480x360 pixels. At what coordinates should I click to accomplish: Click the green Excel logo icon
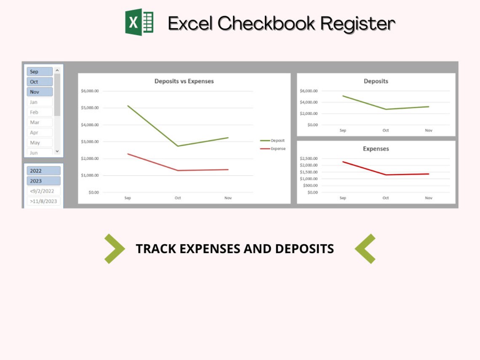pos(139,22)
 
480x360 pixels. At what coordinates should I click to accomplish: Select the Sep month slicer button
pos(40,72)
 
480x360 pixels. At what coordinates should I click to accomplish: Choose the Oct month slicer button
pos(40,82)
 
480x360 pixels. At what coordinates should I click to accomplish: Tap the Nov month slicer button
pos(40,92)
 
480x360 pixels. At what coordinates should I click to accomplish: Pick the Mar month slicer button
pos(40,122)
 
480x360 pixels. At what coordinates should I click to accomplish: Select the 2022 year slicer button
pos(44,171)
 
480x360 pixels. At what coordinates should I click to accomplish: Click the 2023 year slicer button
pos(44,181)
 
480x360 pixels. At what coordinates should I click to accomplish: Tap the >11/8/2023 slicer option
pos(44,201)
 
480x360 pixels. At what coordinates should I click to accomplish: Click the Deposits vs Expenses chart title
pos(184,81)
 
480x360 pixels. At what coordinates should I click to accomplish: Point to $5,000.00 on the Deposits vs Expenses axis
pos(90,108)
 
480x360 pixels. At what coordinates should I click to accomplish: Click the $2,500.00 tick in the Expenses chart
pos(309,158)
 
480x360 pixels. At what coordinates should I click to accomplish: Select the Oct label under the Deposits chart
pos(385,131)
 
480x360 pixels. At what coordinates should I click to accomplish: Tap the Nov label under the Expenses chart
pos(428,198)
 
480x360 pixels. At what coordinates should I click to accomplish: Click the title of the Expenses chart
pos(376,149)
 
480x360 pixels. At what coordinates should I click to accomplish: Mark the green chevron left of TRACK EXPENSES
pos(114,248)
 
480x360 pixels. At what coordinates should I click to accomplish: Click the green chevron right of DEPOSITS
pos(365,248)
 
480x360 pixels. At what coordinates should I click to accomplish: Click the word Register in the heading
pos(358,24)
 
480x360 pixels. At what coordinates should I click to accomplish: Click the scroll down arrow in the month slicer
pos(57,151)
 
